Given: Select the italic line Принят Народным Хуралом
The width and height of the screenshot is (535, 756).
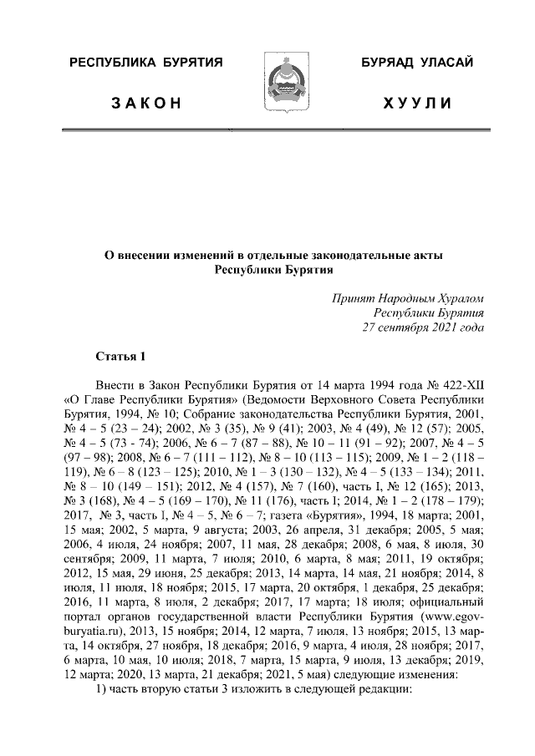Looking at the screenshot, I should (408, 297).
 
